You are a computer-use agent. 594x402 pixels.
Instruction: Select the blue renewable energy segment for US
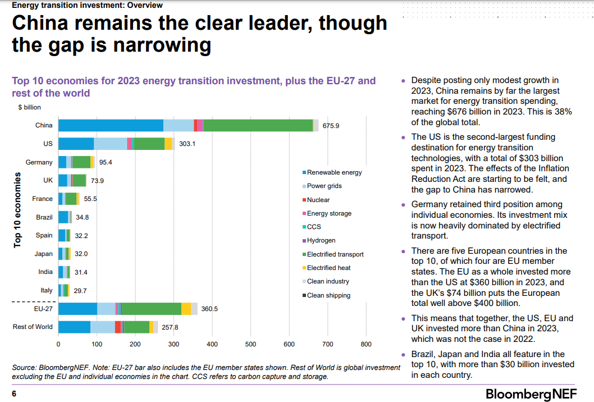pyautogui.click(x=76, y=144)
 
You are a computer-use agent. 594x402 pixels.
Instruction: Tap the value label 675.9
pyautogui.click(x=331, y=126)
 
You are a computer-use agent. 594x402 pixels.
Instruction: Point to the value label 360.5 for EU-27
pyautogui.click(x=209, y=309)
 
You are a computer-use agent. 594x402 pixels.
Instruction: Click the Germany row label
pyautogui.click(x=39, y=162)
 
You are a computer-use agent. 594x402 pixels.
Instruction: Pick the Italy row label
pyautogui.click(x=47, y=290)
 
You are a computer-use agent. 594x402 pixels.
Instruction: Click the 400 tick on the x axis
pyautogui.click(x=212, y=344)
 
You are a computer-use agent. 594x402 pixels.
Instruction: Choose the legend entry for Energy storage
pyautogui.click(x=329, y=213)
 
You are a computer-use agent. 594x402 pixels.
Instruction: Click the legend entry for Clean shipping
pyautogui.click(x=328, y=295)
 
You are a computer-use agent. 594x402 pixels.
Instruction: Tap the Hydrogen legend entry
pyautogui.click(x=321, y=240)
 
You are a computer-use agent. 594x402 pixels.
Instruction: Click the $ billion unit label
pyautogui.click(x=29, y=107)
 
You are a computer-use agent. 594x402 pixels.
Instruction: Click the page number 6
pyautogui.click(x=14, y=394)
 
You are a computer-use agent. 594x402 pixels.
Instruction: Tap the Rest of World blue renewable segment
pyautogui.click(x=74, y=327)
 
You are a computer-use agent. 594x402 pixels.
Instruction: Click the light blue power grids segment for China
pyautogui.click(x=178, y=125)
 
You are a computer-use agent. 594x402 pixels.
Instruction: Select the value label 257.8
pyautogui.click(x=170, y=327)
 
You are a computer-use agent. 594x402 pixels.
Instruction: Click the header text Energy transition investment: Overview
pyautogui.click(x=87, y=5)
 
